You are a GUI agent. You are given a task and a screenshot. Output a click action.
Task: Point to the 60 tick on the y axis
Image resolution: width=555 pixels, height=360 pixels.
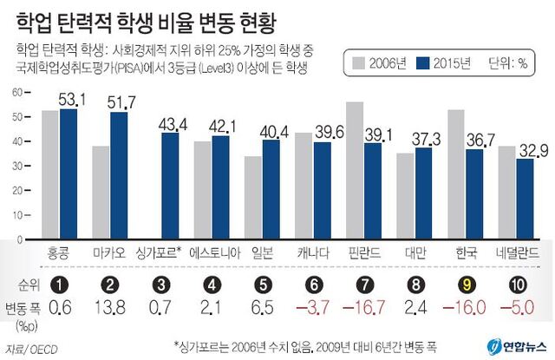click(16, 91)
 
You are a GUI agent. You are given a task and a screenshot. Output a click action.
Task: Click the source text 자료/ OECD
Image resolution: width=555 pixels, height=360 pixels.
click(25, 347)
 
